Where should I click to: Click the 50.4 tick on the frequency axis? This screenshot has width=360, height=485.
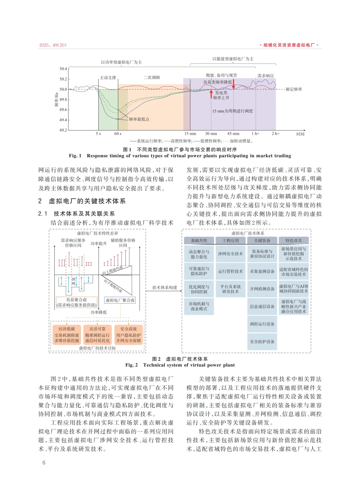[63, 69]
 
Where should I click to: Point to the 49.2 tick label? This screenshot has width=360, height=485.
[63, 130]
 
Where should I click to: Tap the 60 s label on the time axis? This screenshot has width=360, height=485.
[118, 134]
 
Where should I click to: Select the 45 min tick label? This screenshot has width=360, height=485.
[233, 134]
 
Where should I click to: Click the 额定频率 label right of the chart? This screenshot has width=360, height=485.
[294, 89]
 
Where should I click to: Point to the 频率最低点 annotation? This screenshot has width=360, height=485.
[139, 119]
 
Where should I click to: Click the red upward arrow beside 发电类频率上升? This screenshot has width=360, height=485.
[211, 94]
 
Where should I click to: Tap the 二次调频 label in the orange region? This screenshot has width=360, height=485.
[152, 78]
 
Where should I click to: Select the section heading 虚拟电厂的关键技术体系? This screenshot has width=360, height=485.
[87, 201]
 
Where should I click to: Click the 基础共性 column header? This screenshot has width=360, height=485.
[199, 240]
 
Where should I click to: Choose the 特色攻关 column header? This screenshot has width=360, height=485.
[293, 240]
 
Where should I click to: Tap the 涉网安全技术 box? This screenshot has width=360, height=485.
[230, 254]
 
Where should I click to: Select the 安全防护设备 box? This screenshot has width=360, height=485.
[262, 342]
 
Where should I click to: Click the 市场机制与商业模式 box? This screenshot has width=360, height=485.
[199, 306]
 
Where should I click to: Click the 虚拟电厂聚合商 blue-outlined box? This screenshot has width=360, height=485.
[120, 300]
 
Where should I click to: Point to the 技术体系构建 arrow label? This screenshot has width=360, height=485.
[165, 288]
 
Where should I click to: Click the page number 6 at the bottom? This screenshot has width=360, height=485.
[44, 463]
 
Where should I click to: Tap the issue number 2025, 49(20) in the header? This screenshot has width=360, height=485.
[53, 45]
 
